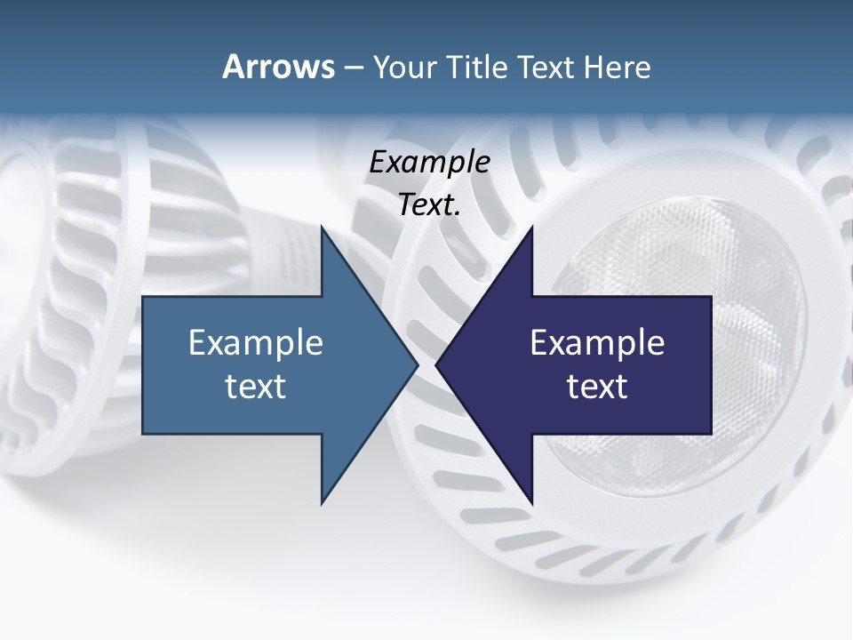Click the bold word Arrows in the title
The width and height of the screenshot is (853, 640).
277,67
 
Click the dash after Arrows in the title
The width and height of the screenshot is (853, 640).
353,68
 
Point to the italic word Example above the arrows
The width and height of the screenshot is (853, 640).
429,163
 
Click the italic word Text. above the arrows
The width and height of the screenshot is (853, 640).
429,205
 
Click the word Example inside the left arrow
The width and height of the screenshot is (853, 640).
256,343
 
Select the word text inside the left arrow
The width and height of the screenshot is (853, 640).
256,387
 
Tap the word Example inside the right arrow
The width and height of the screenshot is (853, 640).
597,343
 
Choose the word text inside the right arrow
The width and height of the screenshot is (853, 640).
597,387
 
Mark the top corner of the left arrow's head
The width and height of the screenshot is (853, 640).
322,228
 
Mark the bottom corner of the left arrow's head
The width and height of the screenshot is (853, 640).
322,502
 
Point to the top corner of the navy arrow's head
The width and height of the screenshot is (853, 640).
531,228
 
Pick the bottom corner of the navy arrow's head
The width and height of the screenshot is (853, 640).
531,502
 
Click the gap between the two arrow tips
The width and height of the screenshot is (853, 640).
427,364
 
